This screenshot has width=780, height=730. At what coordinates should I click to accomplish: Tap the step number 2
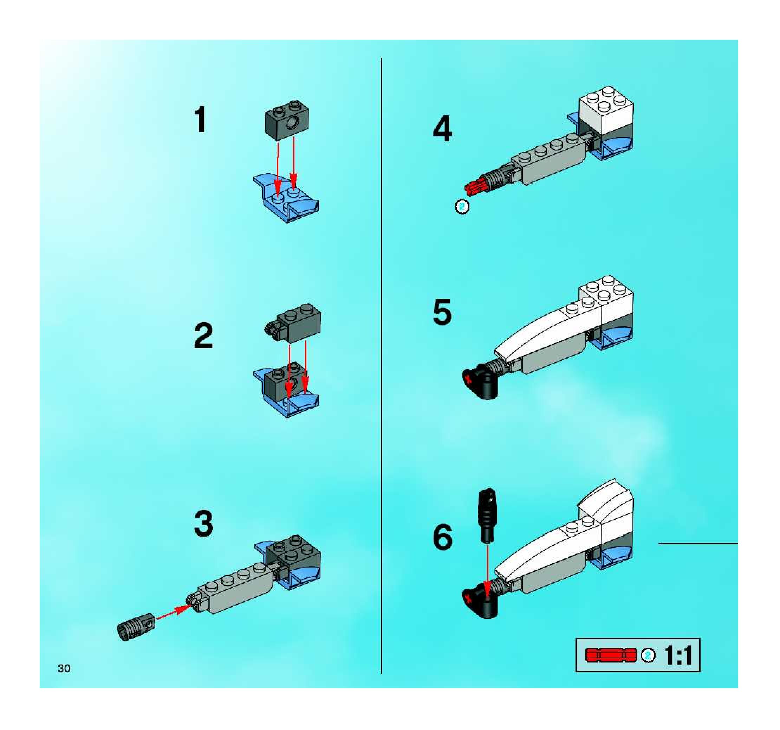203,336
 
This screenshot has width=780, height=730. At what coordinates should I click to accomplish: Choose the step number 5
442,312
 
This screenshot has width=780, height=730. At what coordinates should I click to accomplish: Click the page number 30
64,668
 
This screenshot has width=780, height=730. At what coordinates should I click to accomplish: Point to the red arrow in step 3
173,613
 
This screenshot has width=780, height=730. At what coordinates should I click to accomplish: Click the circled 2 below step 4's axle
462,206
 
